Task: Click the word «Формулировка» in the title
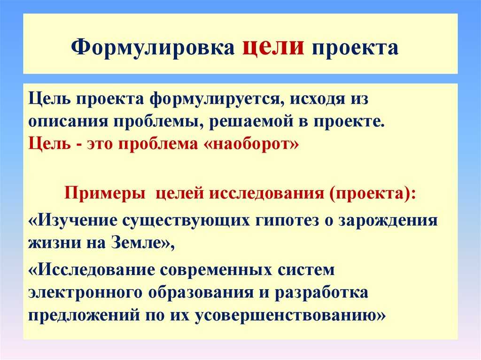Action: [153, 47]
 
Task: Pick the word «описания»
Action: [69, 122]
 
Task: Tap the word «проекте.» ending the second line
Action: [349, 122]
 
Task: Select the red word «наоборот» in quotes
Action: [251, 144]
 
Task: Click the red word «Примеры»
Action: [105, 194]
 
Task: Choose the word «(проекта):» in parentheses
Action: [372, 194]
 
